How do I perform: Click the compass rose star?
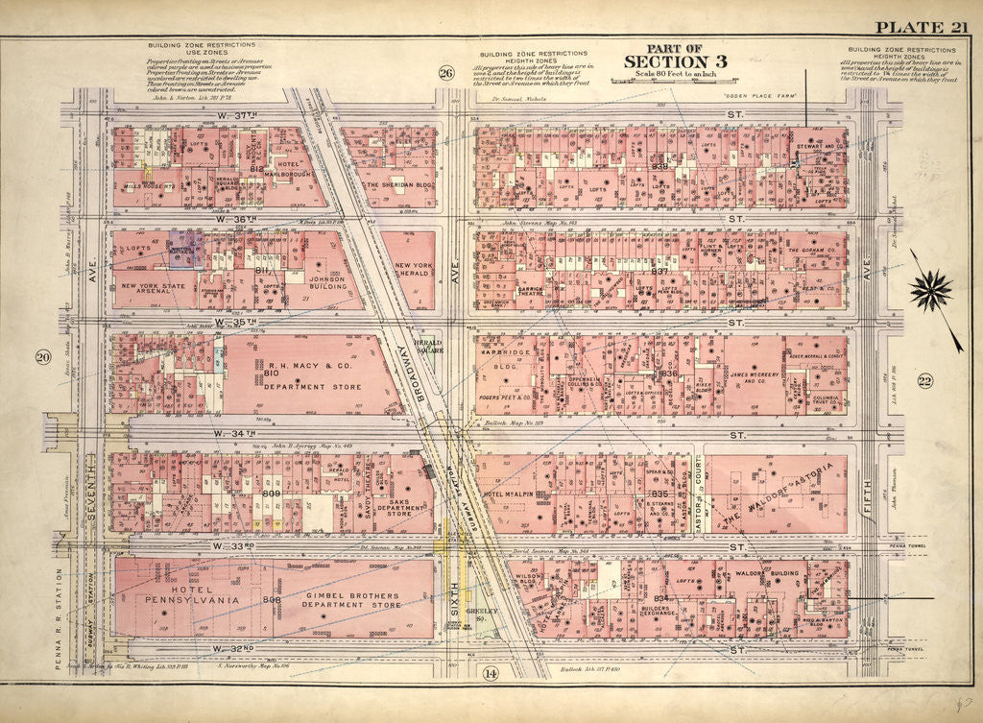pos(930,288)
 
